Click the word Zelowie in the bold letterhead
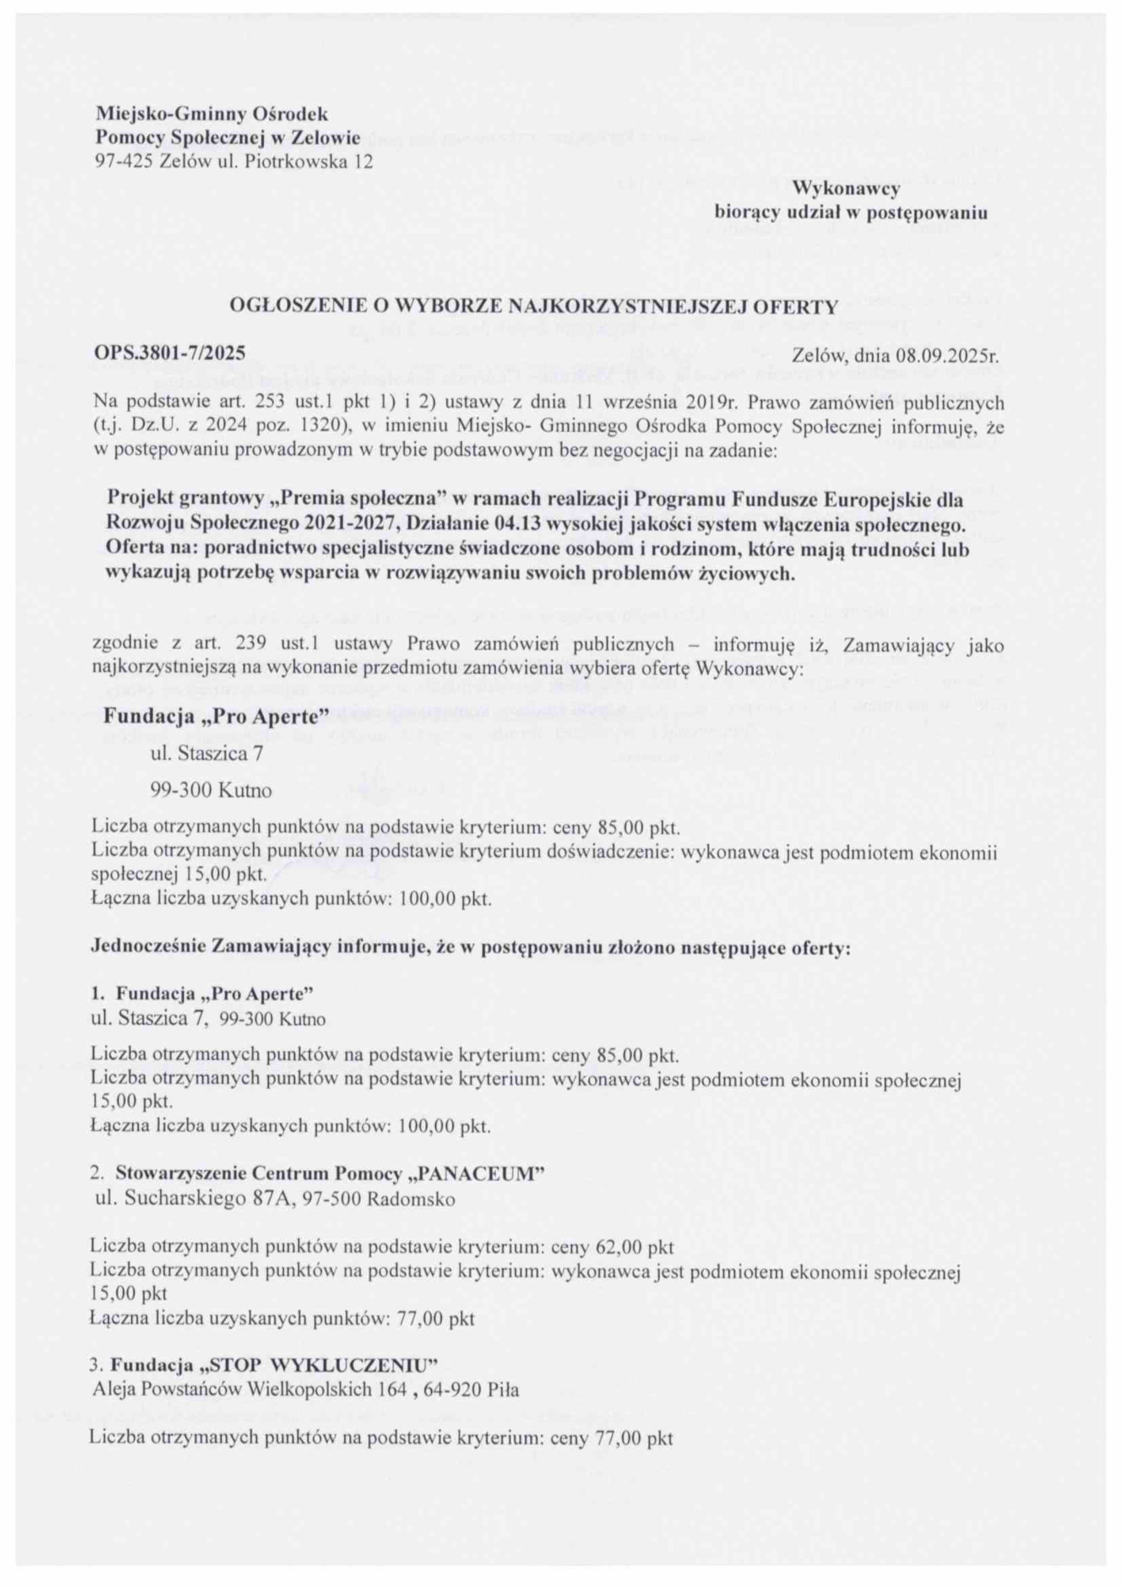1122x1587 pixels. pos(326,138)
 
